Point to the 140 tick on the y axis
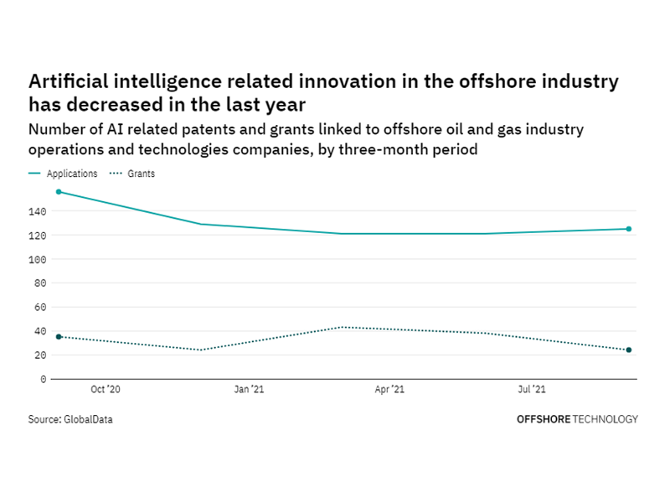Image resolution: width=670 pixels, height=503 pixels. click(39, 211)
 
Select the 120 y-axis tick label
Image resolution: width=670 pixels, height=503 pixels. click(39, 236)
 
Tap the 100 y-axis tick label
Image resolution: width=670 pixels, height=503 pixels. click(39, 260)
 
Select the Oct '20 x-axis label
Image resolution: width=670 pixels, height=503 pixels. click(106, 390)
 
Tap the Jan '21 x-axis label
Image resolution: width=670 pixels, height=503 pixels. click(249, 390)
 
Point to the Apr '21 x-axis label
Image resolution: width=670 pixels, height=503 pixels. click(390, 390)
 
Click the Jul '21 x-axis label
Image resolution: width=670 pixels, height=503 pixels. click(533, 390)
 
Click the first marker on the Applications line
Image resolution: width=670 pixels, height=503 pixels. click(58, 192)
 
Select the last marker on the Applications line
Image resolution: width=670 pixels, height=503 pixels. click(629, 229)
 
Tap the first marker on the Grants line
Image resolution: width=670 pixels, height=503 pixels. click(58, 337)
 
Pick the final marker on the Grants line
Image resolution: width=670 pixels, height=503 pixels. click(629, 350)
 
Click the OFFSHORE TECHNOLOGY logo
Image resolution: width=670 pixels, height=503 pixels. click(577, 419)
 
